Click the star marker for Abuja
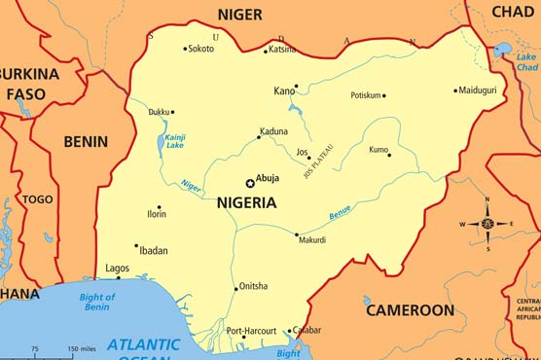point(250,183)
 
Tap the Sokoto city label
point(201,49)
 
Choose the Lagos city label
point(117,268)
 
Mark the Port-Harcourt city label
point(251,331)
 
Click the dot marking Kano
point(297,86)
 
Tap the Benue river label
point(340,212)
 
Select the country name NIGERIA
point(247,203)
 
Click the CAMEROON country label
point(410,310)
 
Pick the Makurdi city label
point(312,239)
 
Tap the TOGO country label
point(37,199)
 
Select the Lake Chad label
point(526,62)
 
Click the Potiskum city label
point(366,95)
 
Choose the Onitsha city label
point(253,286)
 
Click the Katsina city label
point(282,49)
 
